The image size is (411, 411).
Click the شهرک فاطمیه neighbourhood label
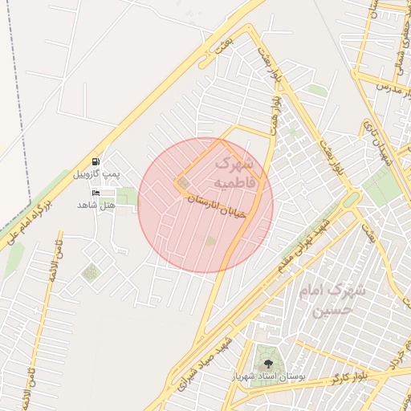(234, 173)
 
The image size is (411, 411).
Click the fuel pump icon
(96, 162)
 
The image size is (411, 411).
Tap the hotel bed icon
(96, 193)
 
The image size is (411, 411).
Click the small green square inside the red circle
(211, 240)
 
